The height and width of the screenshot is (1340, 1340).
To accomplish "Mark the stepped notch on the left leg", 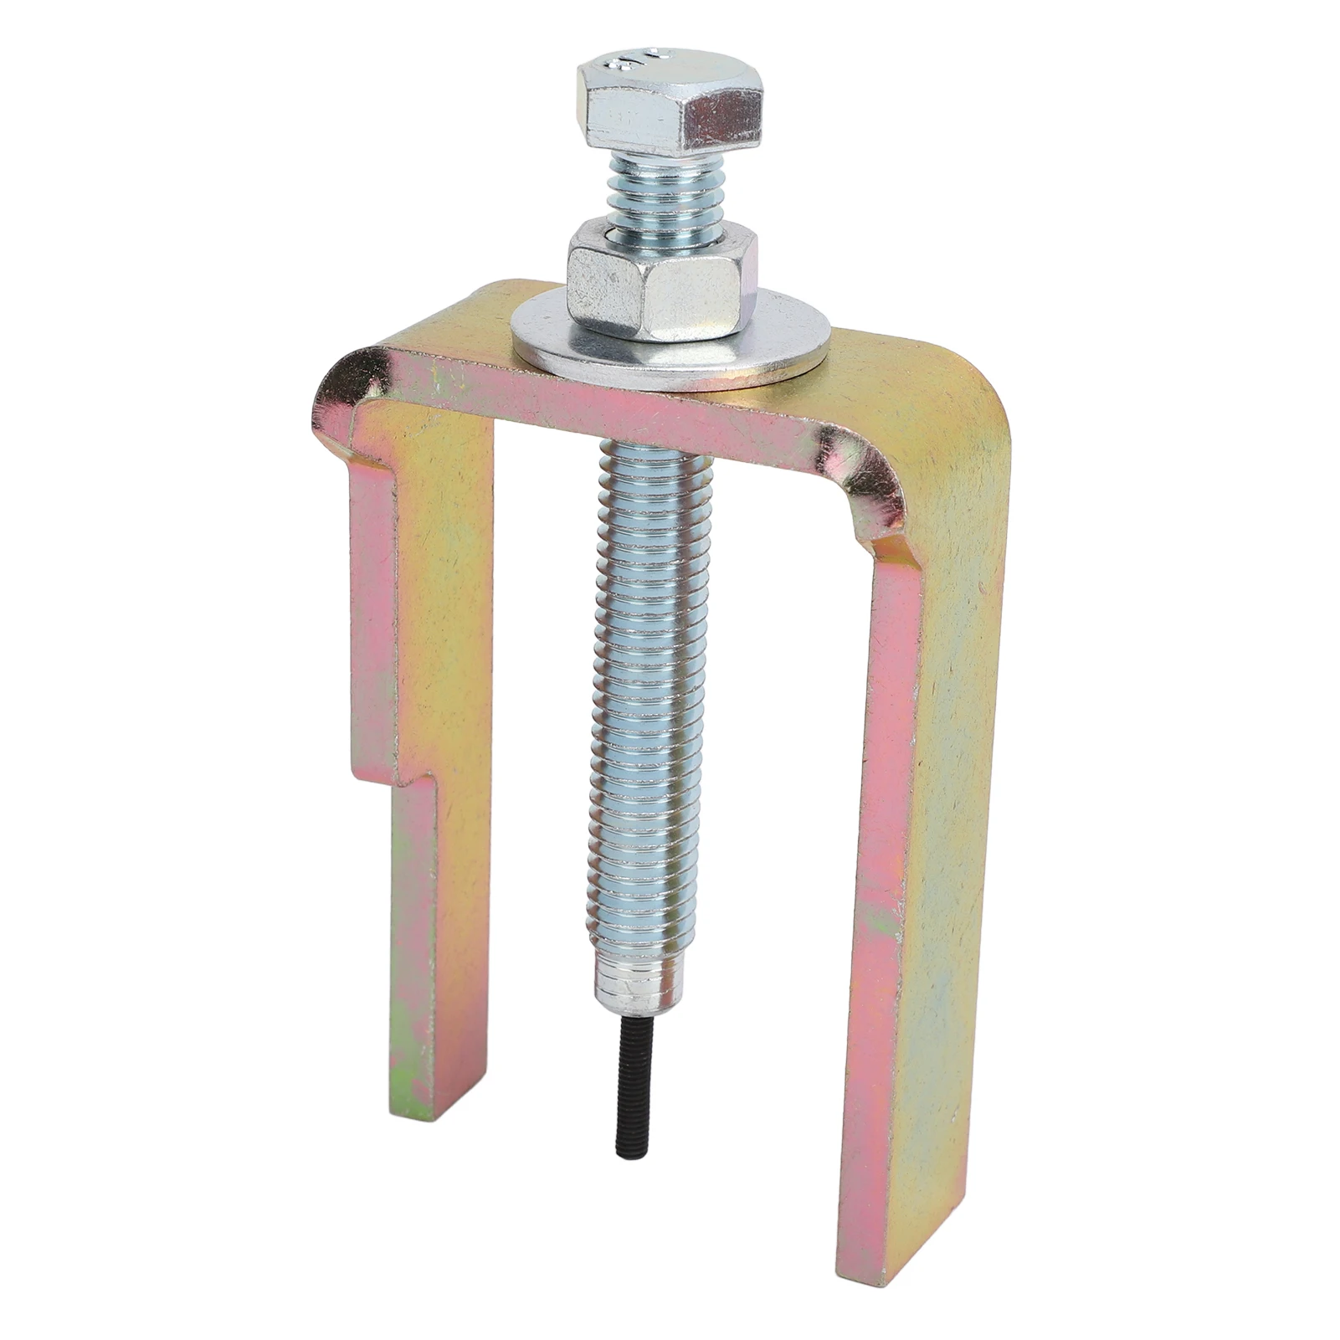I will [x=393, y=778].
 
